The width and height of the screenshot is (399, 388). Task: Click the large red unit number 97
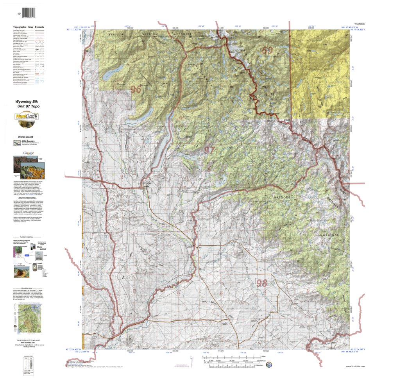[x=209, y=150]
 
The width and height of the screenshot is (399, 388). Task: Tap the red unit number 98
[x=261, y=283]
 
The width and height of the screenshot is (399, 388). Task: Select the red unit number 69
[x=267, y=51]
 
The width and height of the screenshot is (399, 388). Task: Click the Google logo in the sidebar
[x=28, y=153]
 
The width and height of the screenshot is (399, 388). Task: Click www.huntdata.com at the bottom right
[x=356, y=366]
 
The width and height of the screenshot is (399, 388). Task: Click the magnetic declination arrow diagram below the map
[x=191, y=360]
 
